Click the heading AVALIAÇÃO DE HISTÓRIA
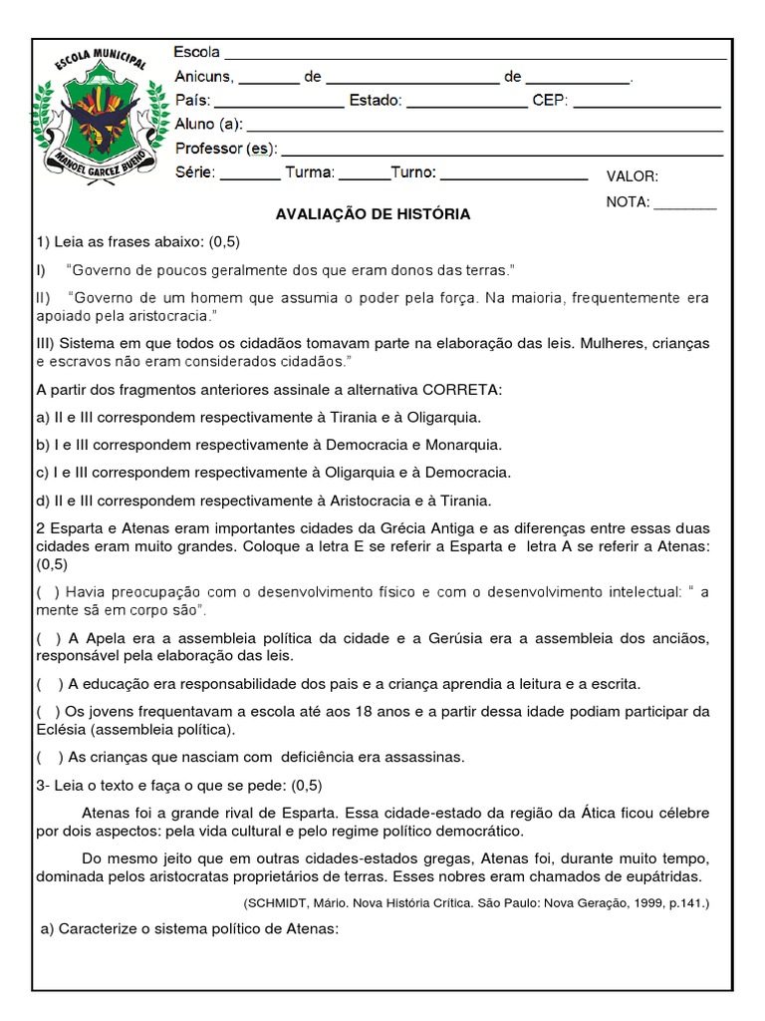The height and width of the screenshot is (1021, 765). [x=373, y=214]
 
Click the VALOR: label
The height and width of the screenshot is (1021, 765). [x=632, y=176]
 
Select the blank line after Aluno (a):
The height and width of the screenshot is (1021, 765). [x=484, y=127]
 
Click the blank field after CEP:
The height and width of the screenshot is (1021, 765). [x=647, y=102]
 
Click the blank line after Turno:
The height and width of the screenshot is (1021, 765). [x=514, y=174]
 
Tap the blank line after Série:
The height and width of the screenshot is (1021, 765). [x=249, y=174]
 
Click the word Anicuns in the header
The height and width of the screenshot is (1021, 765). [x=203, y=77]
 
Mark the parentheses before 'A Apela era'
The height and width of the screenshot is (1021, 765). [x=47, y=639]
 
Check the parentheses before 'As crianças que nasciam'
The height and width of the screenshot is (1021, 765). [x=47, y=757]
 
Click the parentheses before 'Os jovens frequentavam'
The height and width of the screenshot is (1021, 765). [x=47, y=711]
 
